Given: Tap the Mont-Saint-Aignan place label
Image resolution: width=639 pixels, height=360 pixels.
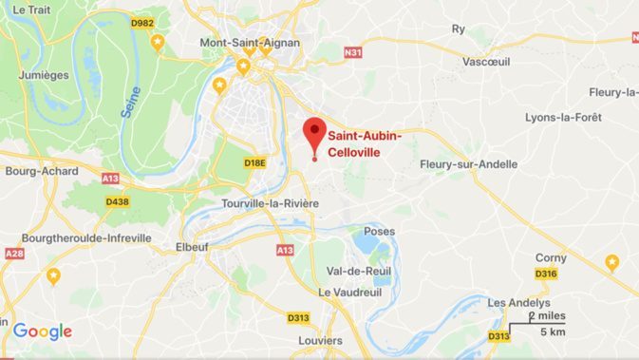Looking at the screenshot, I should [250, 43].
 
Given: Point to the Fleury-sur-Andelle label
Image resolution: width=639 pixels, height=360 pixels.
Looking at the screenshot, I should [468, 164].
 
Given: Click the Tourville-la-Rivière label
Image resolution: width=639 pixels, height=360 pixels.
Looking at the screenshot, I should [270, 204].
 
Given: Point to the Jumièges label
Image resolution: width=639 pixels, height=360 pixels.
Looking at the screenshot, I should [44, 75].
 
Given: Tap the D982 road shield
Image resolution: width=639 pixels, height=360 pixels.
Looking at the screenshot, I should [142, 23].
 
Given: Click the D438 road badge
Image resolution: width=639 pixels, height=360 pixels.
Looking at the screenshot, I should [117, 201].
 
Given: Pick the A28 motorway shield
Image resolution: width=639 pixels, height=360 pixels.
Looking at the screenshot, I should [14, 254].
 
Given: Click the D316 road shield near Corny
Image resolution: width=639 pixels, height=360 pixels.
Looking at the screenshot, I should [545, 274].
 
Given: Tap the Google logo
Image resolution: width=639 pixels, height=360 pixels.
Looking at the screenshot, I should [43, 332].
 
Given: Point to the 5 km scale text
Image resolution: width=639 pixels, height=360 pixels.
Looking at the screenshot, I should [554, 332].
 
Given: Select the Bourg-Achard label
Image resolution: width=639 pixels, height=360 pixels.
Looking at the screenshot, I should [33, 171].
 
